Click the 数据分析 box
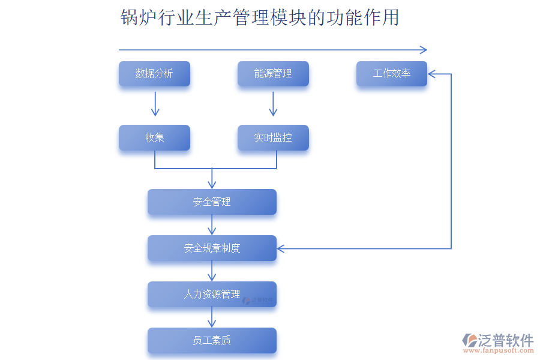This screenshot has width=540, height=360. (x=154, y=74)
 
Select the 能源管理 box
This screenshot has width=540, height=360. (x=273, y=74)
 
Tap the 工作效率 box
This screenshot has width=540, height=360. (x=392, y=74)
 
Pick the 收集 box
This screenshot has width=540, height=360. (x=154, y=137)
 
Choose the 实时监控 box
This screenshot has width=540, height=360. (x=273, y=137)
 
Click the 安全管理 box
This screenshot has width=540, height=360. (x=212, y=202)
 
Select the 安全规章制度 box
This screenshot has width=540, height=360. (x=212, y=248)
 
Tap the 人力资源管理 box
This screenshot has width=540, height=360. (x=212, y=295)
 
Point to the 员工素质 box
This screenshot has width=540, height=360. (x=212, y=341)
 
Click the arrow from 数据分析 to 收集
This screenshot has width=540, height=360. (x=155, y=104)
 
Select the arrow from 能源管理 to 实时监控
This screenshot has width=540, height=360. (x=273, y=104)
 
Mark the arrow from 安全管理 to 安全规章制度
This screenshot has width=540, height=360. (x=212, y=225)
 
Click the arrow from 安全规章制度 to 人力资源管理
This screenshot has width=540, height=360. (x=212, y=271)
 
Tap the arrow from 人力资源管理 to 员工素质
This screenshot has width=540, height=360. (x=212, y=317)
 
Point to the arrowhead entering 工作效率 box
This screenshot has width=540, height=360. (x=431, y=74)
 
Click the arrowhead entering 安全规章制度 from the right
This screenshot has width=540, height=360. (x=281, y=248)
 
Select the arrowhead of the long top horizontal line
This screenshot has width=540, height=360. (x=424, y=50)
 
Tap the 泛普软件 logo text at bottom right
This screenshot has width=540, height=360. (x=505, y=341)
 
